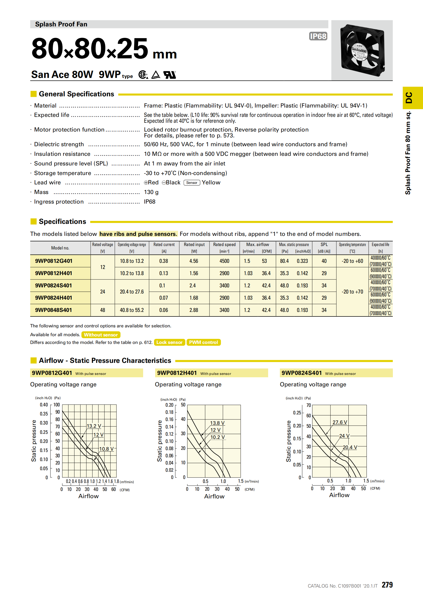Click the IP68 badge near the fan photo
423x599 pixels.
pos(318,36)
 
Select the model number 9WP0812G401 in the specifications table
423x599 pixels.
pos(54,261)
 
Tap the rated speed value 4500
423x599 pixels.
pos(224,261)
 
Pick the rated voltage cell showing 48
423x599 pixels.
pos(103,310)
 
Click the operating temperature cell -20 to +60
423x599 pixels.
pos(352,261)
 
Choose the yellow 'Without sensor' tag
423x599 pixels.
pos(101,335)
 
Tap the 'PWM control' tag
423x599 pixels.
pos(203,342)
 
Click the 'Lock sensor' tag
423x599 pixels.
pos(169,342)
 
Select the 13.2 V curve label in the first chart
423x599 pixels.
pos(94,426)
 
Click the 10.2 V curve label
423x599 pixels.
pos(217,437)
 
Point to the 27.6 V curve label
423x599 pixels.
pos(340,422)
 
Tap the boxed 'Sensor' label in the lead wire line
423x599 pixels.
pos(192,183)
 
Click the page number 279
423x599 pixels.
pos(387,585)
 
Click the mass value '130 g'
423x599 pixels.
pos(151,192)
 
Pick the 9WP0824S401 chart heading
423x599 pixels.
pos(301,373)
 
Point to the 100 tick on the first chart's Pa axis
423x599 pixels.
pos(57,405)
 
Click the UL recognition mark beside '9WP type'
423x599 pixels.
pos(170,75)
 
